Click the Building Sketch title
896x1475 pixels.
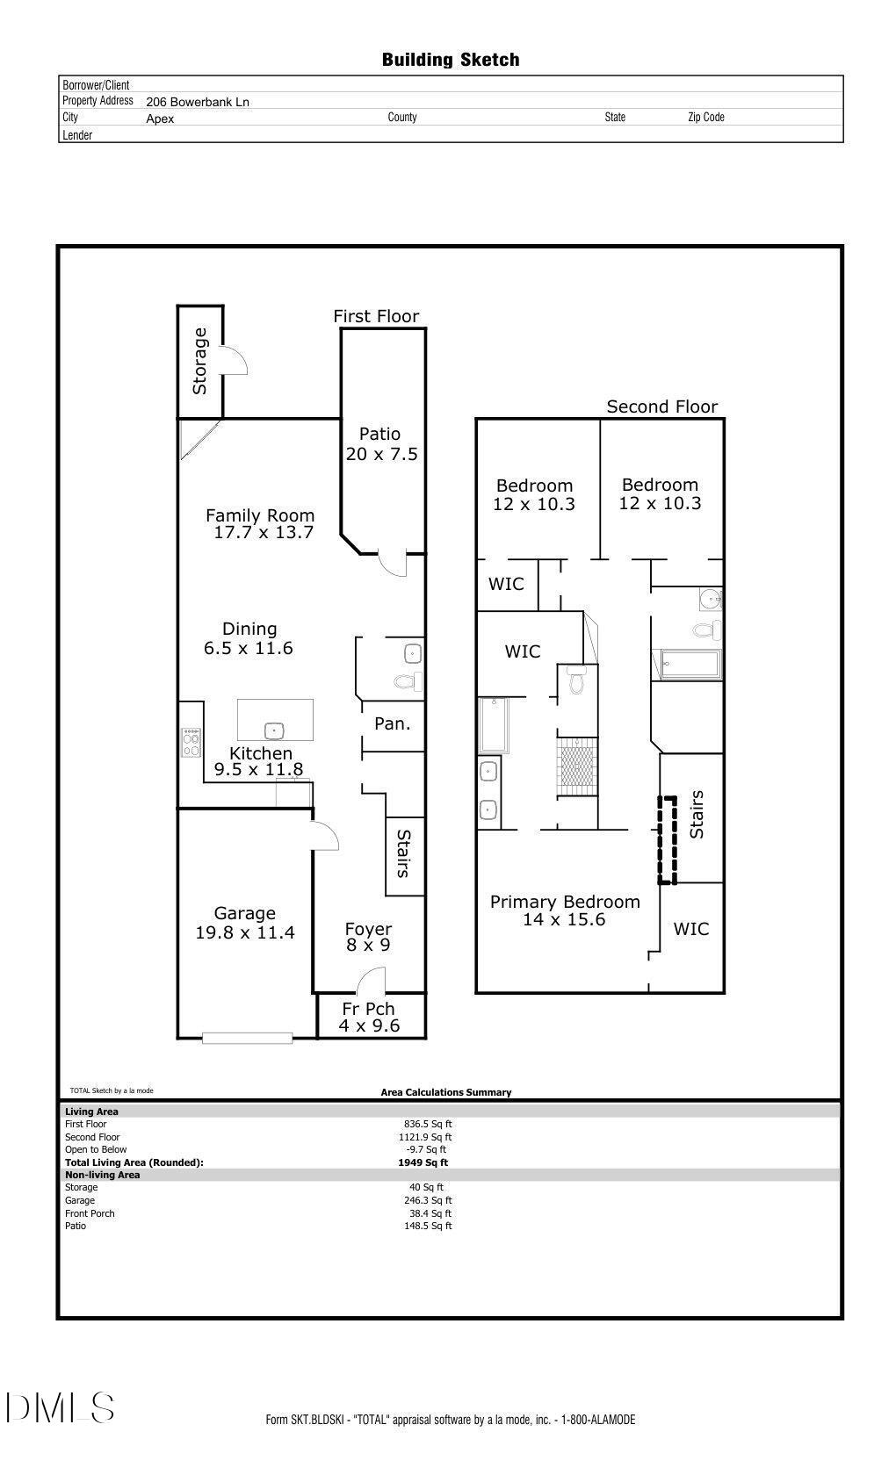click(x=450, y=60)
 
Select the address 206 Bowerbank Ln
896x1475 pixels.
click(x=198, y=102)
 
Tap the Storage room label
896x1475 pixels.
click(x=200, y=361)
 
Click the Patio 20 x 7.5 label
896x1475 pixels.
click(x=380, y=443)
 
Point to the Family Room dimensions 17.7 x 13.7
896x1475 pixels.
click(x=264, y=533)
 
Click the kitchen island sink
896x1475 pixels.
click(x=274, y=730)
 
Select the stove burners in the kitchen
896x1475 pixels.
click(x=191, y=743)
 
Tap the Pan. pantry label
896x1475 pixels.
click(x=392, y=723)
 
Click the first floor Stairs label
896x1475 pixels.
click(x=404, y=853)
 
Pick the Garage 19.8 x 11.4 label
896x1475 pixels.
click(x=244, y=923)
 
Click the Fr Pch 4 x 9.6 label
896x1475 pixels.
click(x=369, y=1017)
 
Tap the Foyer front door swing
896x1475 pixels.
click(x=372, y=979)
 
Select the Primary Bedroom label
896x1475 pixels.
click(x=564, y=902)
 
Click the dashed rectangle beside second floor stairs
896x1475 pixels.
click(x=668, y=840)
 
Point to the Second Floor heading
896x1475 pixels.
click(x=661, y=407)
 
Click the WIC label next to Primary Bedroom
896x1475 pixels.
click(x=691, y=929)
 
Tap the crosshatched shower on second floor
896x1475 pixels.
click(x=578, y=766)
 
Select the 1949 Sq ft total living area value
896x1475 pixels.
click(x=423, y=1162)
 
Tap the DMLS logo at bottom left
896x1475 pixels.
click(x=60, y=1407)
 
